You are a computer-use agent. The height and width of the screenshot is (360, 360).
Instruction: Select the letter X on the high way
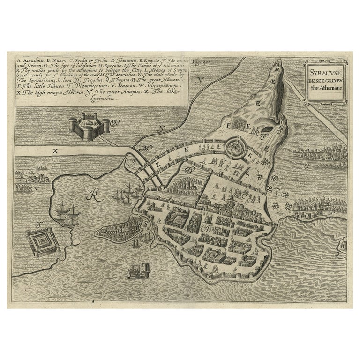coord(55,151)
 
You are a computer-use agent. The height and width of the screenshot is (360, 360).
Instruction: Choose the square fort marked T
coord(43,241)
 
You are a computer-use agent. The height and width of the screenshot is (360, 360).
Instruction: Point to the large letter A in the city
coord(205,229)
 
